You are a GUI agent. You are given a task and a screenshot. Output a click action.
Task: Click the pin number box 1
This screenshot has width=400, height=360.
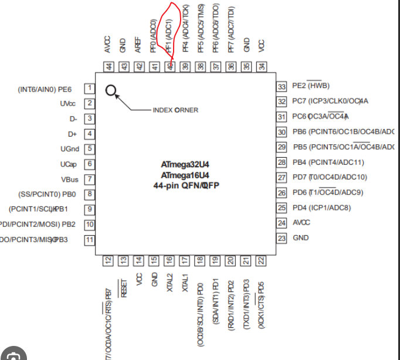[x=90, y=89]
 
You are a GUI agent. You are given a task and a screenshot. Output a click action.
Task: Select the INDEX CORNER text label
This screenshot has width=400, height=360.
[x=175, y=110]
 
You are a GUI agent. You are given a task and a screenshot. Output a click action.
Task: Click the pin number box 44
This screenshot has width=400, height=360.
[x=109, y=66]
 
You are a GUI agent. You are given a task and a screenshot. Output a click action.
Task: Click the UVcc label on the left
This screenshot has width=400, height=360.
[x=69, y=104]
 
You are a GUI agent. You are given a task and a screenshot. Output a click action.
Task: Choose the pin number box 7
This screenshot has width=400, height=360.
[x=90, y=179]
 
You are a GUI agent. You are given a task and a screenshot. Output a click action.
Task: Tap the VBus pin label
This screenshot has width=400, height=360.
[x=69, y=179]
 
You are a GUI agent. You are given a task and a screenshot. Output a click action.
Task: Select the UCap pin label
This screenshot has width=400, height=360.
[x=69, y=164]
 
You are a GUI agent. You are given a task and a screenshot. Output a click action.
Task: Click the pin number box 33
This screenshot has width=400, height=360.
[x=282, y=86]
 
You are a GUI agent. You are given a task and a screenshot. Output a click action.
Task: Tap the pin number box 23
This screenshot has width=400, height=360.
[x=282, y=238]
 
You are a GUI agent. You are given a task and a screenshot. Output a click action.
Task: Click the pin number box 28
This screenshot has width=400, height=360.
[x=282, y=162]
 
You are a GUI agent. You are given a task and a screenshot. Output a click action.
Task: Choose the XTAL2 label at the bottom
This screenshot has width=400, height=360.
[x=170, y=282]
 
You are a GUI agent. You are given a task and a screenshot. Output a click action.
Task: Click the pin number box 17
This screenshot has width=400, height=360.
[x=185, y=260]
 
